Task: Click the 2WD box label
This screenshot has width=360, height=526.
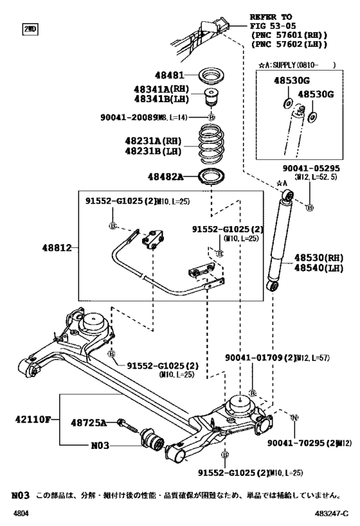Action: tap(30, 30)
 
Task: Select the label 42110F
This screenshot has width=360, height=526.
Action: tap(30, 421)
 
